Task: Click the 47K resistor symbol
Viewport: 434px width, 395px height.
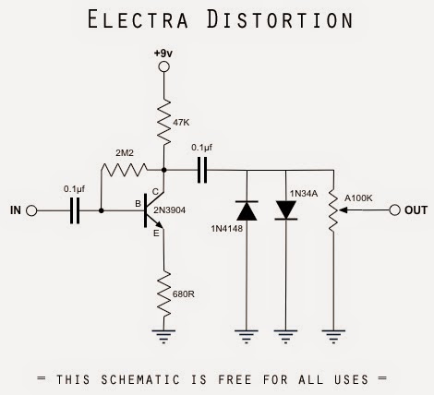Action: click(163, 122)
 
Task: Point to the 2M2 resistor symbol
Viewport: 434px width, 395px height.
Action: click(125, 170)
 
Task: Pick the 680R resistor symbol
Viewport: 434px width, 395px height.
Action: click(163, 294)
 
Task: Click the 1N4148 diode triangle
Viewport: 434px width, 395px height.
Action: click(247, 210)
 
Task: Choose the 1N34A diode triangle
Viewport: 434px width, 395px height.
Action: click(286, 210)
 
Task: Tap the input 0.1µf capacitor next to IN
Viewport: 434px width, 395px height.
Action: click(75, 210)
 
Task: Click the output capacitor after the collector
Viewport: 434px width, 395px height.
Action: click(202, 170)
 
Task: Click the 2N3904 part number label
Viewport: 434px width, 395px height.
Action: click(170, 210)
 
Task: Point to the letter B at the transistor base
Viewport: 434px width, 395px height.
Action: click(138, 204)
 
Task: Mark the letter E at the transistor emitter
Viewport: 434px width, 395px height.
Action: click(156, 233)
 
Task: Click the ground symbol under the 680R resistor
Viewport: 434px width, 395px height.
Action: click(163, 336)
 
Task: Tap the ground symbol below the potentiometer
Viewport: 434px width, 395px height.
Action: click(333, 336)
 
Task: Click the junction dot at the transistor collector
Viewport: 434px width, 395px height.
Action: click(163, 170)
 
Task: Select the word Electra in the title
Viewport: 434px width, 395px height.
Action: click(138, 19)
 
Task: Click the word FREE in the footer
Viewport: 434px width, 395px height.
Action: click(235, 379)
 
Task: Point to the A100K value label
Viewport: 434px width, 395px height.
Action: click(358, 198)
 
